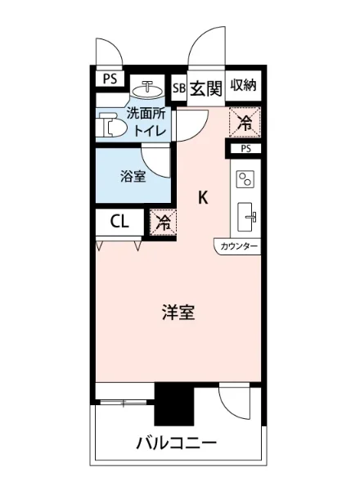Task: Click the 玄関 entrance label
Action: [206, 88]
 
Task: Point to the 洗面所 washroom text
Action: [144, 115]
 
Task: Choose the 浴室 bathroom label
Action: [133, 177]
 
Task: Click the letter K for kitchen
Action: [203, 197]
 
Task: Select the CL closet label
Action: [119, 221]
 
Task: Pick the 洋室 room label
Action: [178, 313]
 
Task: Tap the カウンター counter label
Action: [239, 245]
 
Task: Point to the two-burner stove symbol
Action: [246, 178]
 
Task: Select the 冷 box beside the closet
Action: [163, 221]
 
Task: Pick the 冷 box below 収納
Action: [245, 122]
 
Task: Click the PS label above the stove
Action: [245, 150]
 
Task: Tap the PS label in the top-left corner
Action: [110, 79]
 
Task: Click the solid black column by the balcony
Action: [173, 403]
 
